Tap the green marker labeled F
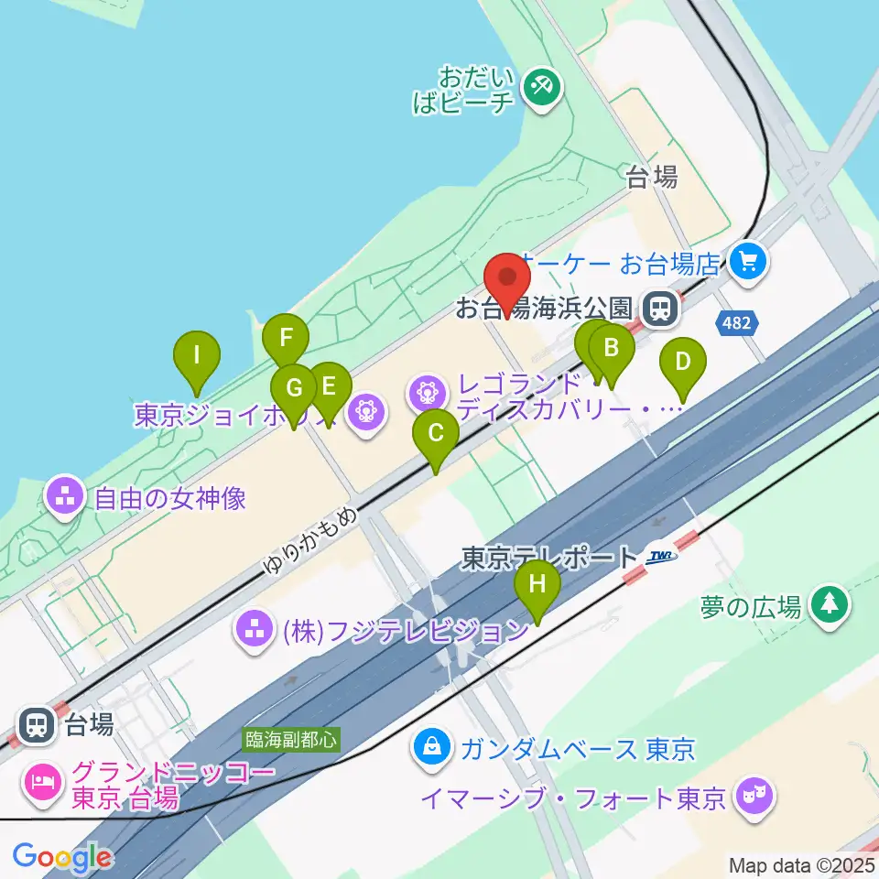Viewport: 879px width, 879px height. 285,338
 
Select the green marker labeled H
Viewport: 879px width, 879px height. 537,584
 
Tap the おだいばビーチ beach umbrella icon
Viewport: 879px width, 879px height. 541,88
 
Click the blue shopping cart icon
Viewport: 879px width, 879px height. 748,264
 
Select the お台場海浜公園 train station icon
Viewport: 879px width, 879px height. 657,308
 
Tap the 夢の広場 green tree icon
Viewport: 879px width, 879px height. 830,603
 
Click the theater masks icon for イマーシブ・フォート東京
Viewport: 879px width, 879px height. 754,797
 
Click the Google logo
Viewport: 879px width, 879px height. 62,858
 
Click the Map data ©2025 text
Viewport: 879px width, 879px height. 801,864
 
